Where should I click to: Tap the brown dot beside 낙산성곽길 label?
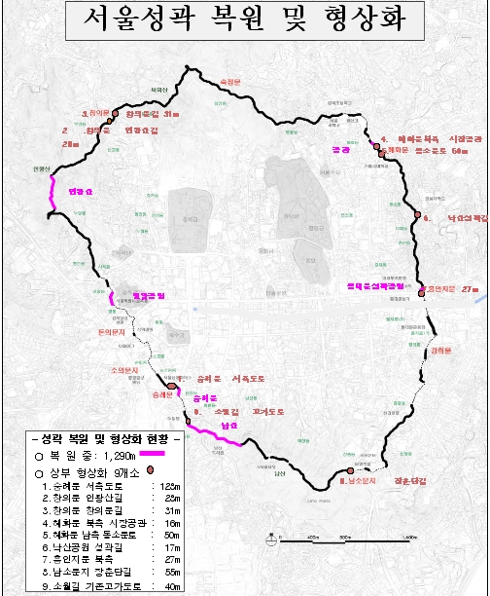(x=417, y=214)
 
